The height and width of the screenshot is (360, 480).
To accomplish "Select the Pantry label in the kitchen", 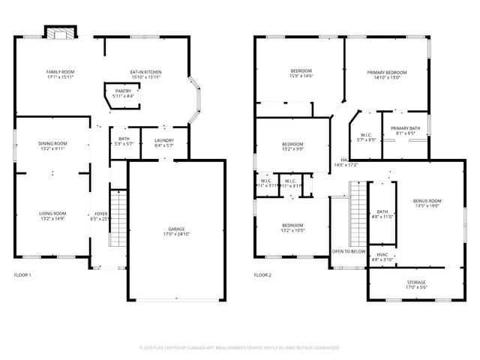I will [123, 91].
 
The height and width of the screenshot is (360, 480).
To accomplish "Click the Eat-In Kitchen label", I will [145, 73].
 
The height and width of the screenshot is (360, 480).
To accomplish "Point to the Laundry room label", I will [163, 140].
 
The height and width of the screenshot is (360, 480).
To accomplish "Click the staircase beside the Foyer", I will [117, 213].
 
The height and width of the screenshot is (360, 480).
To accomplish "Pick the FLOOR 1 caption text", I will [22, 276].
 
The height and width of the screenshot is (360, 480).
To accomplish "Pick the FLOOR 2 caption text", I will [262, 276].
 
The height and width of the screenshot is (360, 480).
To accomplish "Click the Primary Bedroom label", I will [387, 73].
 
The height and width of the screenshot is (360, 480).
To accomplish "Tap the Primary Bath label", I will [405, 129].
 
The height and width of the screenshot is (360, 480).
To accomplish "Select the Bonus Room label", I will [427, 201].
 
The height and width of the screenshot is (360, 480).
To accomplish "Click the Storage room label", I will [415, 283].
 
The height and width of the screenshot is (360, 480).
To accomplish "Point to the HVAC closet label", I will [382, 255].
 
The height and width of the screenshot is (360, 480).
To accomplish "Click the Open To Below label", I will [349, 252].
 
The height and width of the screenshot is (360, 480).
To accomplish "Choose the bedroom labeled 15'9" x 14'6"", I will [301, 73].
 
